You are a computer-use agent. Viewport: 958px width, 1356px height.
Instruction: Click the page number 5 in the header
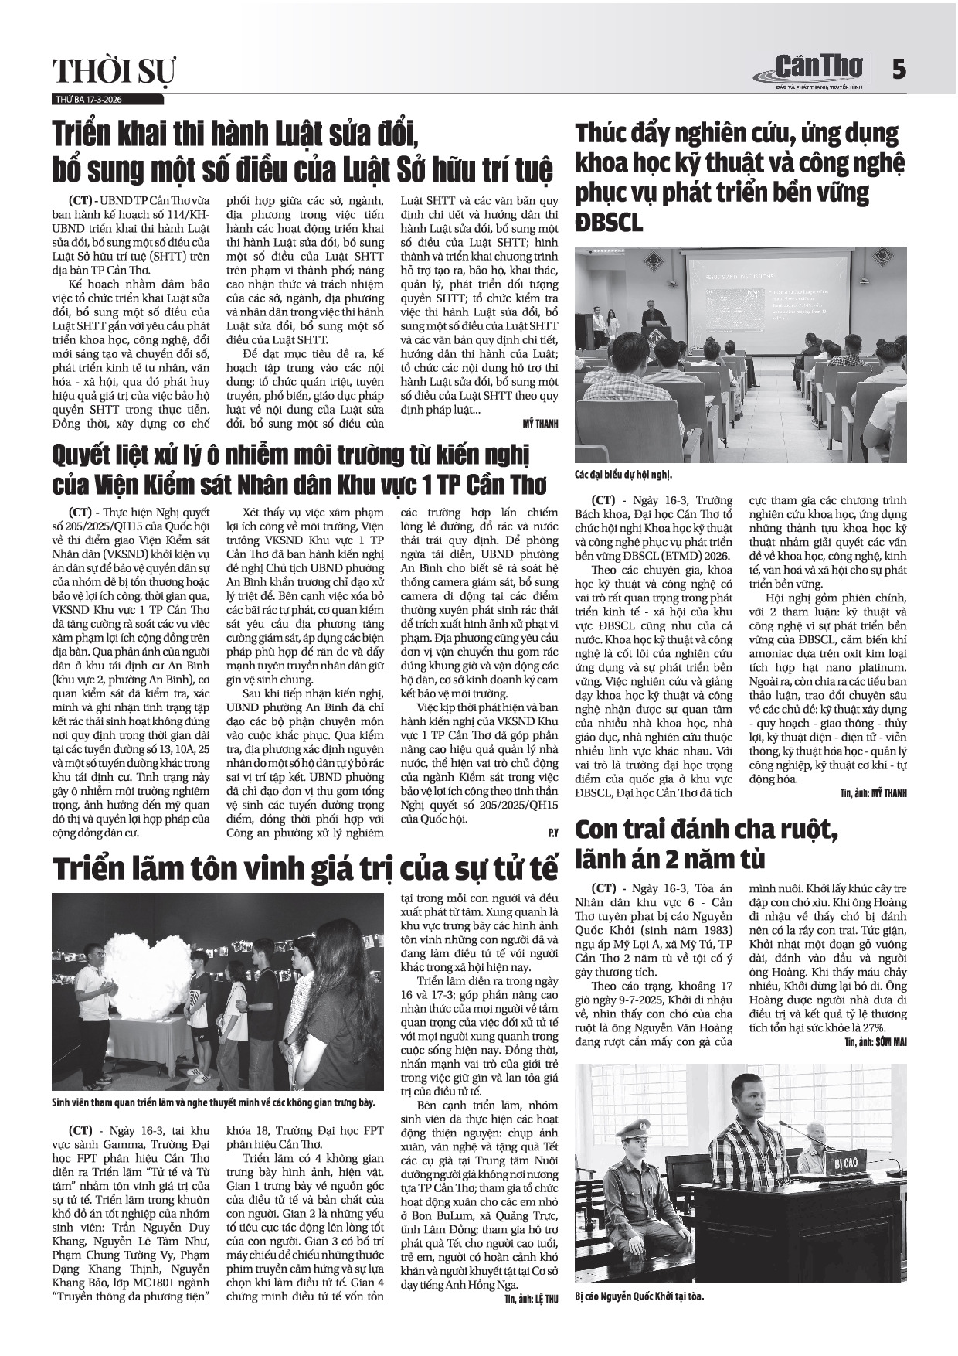click(x=898, y=70)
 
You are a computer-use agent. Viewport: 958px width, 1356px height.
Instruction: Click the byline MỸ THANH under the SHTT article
click(x=540, y=424)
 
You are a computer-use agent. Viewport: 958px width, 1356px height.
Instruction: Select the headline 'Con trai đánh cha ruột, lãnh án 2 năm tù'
click(x=708, y=843)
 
